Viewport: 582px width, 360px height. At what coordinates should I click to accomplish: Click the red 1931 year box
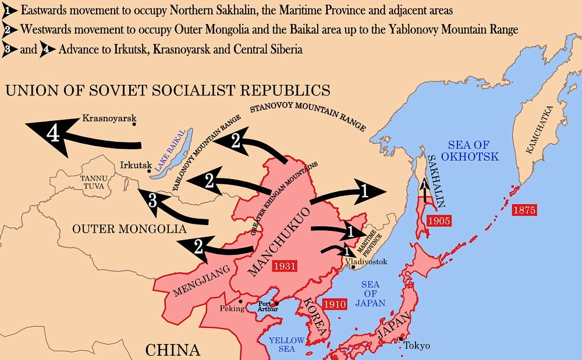(x=288, y=266)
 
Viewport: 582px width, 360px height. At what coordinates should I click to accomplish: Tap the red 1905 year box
(x=438, y=222)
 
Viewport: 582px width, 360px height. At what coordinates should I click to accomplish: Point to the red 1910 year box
(x=336, y=304)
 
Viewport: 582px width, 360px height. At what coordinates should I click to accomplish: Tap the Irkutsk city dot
(x=149, y=171)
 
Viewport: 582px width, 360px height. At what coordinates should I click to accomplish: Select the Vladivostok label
(x=366, y=262)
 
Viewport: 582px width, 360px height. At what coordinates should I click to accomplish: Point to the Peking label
(x=232, y=309)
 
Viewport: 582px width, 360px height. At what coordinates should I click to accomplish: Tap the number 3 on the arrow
(x=152, y=201)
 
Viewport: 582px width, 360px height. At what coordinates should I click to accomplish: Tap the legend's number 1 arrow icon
(x=8, y=10)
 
